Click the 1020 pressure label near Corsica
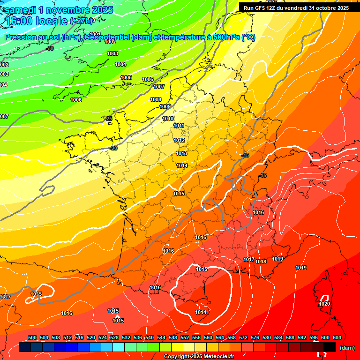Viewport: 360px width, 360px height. [324, 304]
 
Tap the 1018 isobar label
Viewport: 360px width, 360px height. [261, 262]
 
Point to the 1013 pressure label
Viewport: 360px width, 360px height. [182, 153]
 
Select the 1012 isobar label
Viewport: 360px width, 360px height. [179, 140]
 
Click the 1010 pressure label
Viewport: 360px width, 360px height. [168, 119]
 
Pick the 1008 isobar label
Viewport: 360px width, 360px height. [156, 99]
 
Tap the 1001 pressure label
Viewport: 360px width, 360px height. [95, 34]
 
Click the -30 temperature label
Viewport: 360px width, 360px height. [50, 48]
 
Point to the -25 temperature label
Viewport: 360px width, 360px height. [109, 119]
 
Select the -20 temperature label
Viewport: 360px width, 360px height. [113, 148]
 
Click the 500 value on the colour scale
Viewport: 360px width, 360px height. [32, 337]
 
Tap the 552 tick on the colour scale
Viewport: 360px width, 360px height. [185, 337]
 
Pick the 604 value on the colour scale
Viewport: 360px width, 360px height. [337, 337]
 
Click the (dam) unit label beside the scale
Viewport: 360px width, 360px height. [347, 348]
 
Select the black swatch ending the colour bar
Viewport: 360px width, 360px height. [330, 347]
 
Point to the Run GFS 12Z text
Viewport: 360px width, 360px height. [263, 7]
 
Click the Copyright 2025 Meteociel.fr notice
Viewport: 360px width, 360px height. [199, 356]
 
